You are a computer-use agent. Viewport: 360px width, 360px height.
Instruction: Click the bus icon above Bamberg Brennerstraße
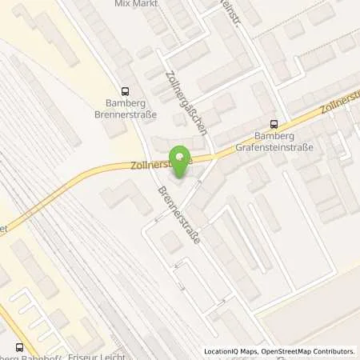point(124,92)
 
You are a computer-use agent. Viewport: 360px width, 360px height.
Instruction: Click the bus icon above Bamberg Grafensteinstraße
point(274,124)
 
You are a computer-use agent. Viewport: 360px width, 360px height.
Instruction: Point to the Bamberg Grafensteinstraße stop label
point(274,142)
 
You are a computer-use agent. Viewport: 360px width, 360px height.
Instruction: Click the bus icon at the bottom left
point(20,346)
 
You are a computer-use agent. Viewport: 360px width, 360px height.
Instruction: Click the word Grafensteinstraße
point(274,147)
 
